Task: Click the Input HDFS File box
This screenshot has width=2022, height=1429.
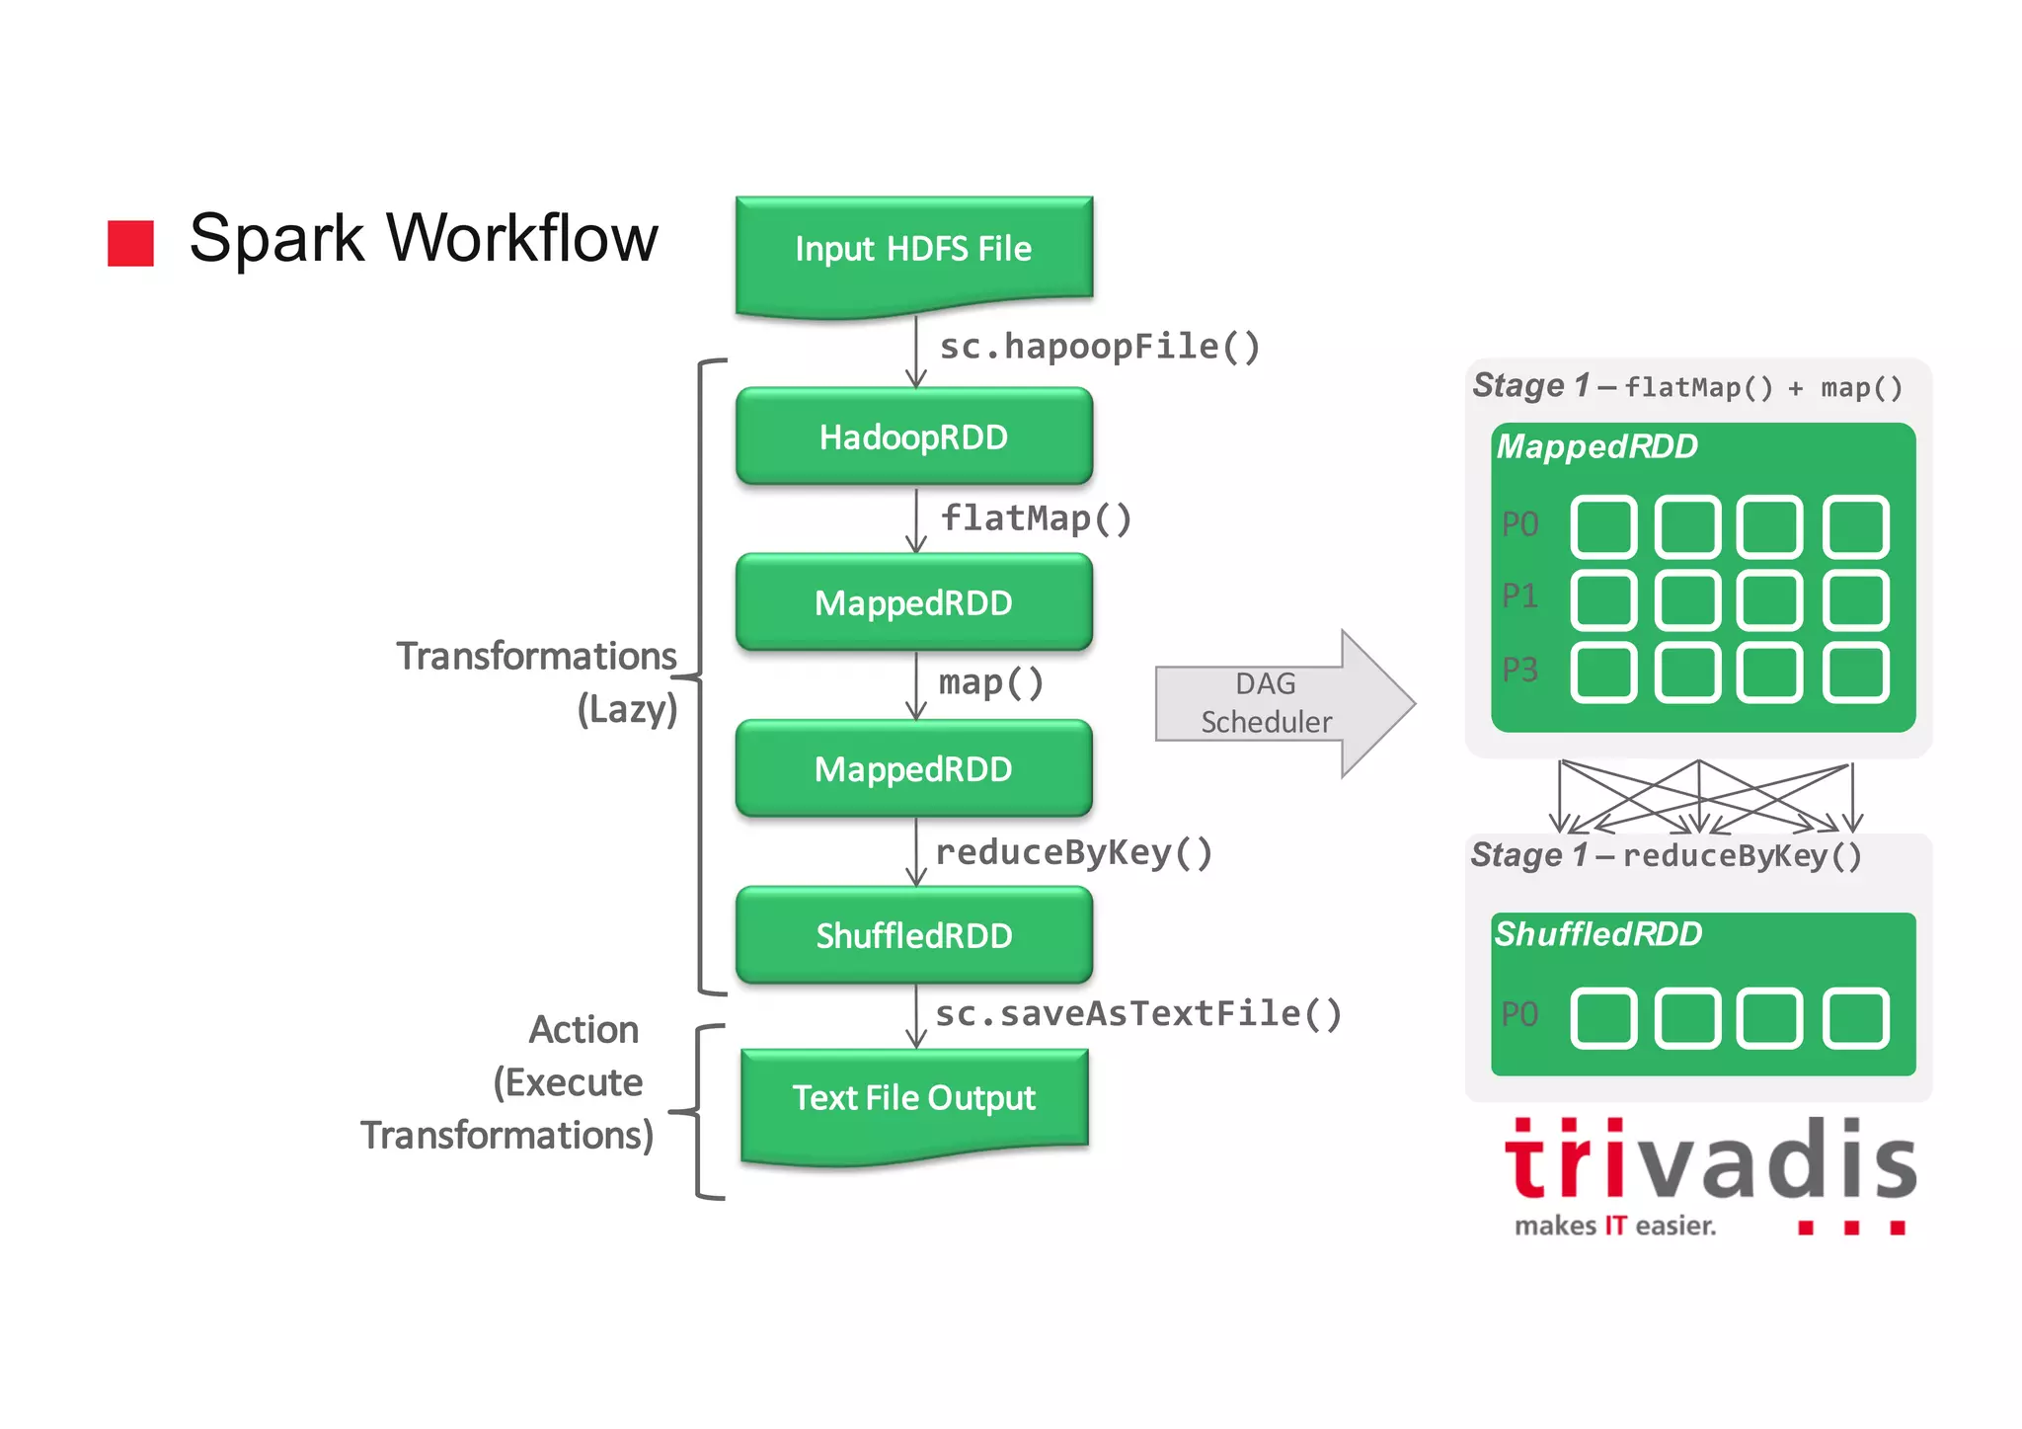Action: tap(913, 250)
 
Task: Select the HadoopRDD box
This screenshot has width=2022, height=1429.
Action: tap(913, 437)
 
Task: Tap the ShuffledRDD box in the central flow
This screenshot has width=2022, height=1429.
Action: tap(913, 935)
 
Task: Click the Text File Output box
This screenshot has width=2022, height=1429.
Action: tap(913, 1098)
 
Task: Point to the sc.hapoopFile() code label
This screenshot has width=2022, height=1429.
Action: tap(1099, 347)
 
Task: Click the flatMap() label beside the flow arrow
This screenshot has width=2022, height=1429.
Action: tap(1036, 518)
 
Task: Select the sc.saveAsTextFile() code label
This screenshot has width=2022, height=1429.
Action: tap(1137, 1014)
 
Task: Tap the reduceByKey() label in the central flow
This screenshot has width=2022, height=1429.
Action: tap(1073, 852)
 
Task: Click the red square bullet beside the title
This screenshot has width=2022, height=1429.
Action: tap(130, 243)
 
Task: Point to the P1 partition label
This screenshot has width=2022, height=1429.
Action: tap(1519, 596)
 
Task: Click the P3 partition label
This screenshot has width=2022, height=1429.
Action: tap(1519, 671)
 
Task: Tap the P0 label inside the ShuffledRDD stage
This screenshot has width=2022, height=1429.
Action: tap(1519, 1015)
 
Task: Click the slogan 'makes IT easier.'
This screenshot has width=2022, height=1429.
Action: tap(1615, 1227)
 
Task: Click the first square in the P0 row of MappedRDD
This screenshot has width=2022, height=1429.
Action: tap(1603, 526)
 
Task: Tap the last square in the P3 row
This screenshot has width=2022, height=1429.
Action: tap(1855, 673)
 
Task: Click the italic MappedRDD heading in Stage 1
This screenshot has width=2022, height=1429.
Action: tap(1596, 446)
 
